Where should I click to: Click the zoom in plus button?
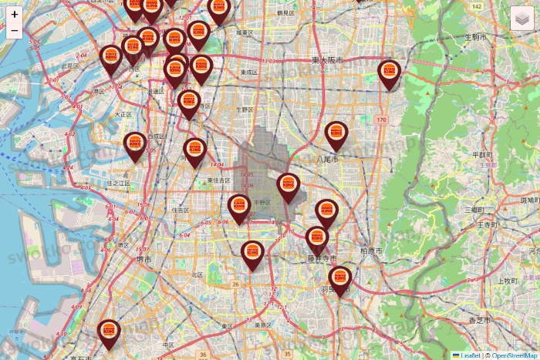click(15, 14)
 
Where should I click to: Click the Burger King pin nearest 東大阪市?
click(390, 74)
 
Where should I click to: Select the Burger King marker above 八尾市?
click(336, 135)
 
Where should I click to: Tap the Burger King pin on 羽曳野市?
click(339, 280)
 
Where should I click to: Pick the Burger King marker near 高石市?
click(110, 333)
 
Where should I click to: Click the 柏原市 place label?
click(371, 251)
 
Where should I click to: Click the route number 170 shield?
click(381, 119)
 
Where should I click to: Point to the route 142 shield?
click(476, 7)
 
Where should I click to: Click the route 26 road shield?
click(236, 284)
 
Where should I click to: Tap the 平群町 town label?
click(482, 154)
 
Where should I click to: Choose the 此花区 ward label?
click(69, 67)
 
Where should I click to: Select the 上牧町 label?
click(505, 281)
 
